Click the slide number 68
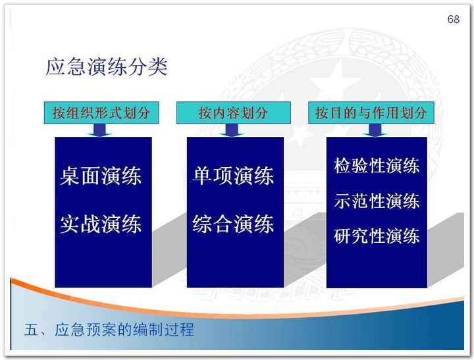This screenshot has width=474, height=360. coord(453,19)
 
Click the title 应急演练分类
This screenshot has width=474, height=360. coord(107,67)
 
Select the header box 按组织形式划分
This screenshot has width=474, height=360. coord(101,113)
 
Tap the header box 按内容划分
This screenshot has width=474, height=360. coord(233,113)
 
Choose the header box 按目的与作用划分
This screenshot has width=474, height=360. coord(371,113)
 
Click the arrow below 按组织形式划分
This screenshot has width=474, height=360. coord(100,130)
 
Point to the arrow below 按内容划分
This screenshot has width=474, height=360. coord(232,130)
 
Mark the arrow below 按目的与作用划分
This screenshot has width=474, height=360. coord(375,130)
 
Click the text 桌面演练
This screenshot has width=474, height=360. coord(101,176)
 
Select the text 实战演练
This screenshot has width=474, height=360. coord(101,224)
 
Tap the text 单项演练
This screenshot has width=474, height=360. coord(233,176)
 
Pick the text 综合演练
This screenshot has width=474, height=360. coord(233,224)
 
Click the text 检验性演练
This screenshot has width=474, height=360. coord(377,166)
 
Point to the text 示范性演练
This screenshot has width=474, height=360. coord(377,201)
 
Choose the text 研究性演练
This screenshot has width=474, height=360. coord(377,236)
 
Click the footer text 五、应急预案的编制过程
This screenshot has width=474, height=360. coord(109,330)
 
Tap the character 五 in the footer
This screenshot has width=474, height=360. coord(32,330)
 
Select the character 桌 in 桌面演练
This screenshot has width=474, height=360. coord(70,176)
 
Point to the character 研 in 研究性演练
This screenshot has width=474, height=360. coord(342,236)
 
